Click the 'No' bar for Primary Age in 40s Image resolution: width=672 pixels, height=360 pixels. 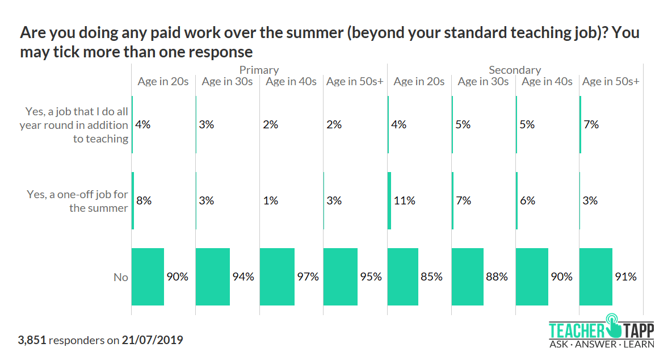pos(277,277)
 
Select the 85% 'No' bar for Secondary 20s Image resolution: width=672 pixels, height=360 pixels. pos(403,277)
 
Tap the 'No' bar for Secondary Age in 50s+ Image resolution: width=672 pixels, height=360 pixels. pos(596,277)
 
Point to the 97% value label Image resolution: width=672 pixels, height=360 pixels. pos(308,277)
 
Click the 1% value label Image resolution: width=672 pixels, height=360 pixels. pos(271,200)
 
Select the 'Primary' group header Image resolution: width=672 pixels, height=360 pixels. pos(259,70)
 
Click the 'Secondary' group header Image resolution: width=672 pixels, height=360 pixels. pos(515,70)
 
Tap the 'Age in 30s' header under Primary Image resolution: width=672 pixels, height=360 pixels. pos(227,81)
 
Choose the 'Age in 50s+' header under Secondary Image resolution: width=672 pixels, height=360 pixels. pos(611,81)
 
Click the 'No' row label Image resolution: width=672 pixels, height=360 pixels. pos(121,277)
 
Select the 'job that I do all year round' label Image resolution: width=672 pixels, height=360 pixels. pos(74,125)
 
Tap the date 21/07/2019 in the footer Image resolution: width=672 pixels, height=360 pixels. pos(152,341)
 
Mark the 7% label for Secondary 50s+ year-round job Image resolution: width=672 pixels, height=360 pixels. pos(591,124)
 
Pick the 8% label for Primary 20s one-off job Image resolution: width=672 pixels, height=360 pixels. pos(143,200)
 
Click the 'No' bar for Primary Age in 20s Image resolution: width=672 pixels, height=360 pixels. pos(148,277)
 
